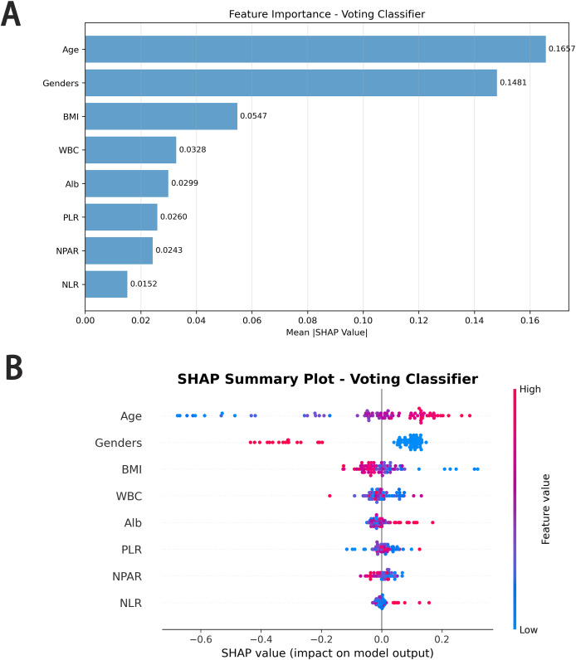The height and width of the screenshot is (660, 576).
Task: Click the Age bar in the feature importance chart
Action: [x=315, y=49]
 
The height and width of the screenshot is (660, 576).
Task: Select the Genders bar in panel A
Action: [x=290, y=83]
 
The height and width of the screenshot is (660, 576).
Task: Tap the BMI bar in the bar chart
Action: [x=161, y=116]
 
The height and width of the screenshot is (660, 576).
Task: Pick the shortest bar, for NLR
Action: [x=106, y=284]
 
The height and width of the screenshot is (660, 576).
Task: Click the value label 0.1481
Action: [x=513, y=83]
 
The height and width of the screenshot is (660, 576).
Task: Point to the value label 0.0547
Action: [x=253, y=116]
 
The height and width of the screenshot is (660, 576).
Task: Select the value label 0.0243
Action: [x=169, y=250]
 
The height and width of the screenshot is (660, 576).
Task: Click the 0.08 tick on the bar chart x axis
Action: [x=307, y=320]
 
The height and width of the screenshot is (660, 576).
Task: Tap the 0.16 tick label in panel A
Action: [x=530, y=320]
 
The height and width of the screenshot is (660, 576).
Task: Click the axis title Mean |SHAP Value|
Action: [x=326, y=332]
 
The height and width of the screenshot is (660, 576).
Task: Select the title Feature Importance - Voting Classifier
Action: [x=326, y=14]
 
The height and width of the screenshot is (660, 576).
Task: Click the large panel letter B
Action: [x=14, y=367]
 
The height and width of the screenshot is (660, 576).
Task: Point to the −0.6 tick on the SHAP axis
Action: [x=200, y=639]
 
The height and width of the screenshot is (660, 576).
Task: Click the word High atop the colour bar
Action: [x=530, y=389]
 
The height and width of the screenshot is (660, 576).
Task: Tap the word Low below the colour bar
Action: [x=529, y=629]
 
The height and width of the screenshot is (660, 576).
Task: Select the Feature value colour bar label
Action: [x=545, y=509]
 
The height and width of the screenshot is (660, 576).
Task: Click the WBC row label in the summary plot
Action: [x=129, y=497]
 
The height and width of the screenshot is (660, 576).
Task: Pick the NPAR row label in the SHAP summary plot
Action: [x=127, y=576]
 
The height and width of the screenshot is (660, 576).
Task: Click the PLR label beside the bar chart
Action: [x=71, y=217]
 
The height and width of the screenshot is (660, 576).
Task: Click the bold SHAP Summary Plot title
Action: [x=327, y=379]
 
